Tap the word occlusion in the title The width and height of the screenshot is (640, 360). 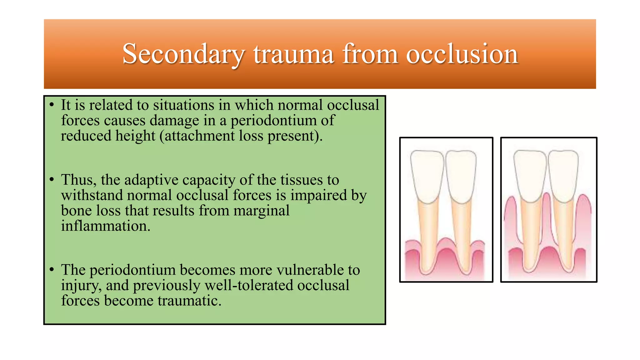(462, 54)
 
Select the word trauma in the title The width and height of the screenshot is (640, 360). (293, 54)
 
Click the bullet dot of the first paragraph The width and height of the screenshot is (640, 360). (52, 105)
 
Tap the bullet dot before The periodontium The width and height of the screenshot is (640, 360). (52, 270)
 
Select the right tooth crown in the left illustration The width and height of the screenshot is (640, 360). (461, 175)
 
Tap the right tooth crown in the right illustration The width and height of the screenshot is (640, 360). (563, 175)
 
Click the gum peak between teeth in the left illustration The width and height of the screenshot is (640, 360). (445, 242)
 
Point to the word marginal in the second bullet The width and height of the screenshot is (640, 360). (261, 211)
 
